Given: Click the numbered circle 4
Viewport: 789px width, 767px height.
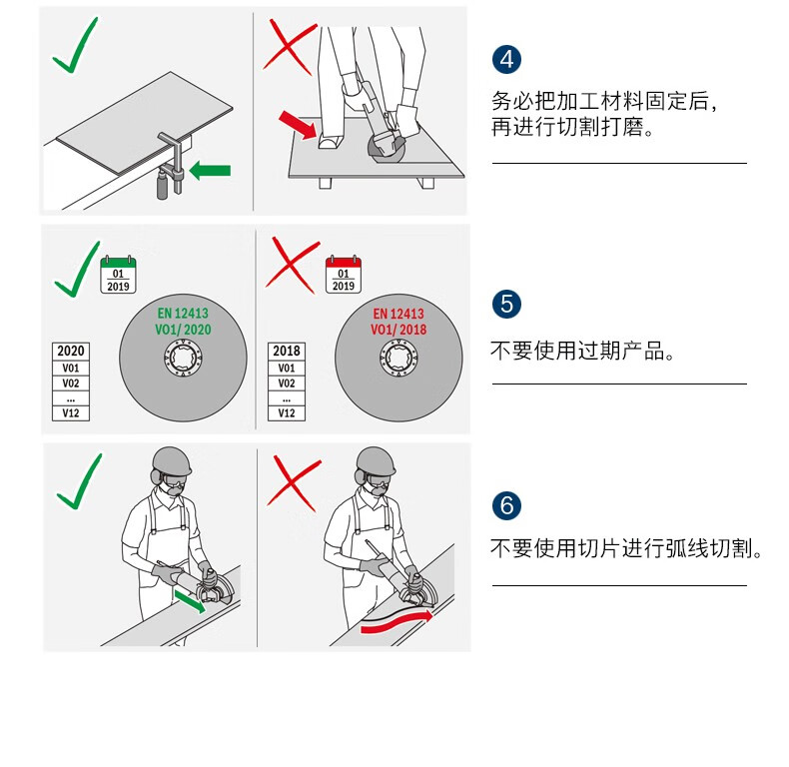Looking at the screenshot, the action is click(506, 59).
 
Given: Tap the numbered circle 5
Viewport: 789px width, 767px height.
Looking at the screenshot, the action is click(506, 304).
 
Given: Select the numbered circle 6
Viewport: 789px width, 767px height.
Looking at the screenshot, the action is click(506, 505).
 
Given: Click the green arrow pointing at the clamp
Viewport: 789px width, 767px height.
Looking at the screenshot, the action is click(210, 171).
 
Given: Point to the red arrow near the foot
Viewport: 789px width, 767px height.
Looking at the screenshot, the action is click(298, 125).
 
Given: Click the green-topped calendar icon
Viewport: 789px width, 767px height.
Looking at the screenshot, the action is click(118, 275).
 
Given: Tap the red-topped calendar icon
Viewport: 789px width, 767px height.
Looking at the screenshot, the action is click(344, 275).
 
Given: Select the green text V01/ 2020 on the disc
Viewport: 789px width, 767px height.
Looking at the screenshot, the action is click(183, 330).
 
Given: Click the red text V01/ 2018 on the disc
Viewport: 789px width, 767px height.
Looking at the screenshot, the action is click(398, 330).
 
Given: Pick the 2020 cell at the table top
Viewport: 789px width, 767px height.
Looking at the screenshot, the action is click(71, 351).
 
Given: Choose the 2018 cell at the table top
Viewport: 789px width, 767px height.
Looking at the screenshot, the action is click(287, 351).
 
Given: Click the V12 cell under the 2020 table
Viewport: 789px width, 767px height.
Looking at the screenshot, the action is click(71, 413).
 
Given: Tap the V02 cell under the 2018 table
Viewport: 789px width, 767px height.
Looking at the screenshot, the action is click(287, 383).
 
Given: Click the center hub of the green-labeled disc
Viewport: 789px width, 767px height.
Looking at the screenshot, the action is click(183, 358).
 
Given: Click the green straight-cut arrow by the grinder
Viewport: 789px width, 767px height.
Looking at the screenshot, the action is click(190, 601).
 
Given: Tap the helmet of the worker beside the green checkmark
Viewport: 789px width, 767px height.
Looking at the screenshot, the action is click(172, 461).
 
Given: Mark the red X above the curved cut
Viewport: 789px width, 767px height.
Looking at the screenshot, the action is click(295, 483).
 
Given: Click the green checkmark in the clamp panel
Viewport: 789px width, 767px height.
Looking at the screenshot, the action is click(76, 45).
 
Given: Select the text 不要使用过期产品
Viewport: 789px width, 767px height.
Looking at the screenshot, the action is click(577, 351).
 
